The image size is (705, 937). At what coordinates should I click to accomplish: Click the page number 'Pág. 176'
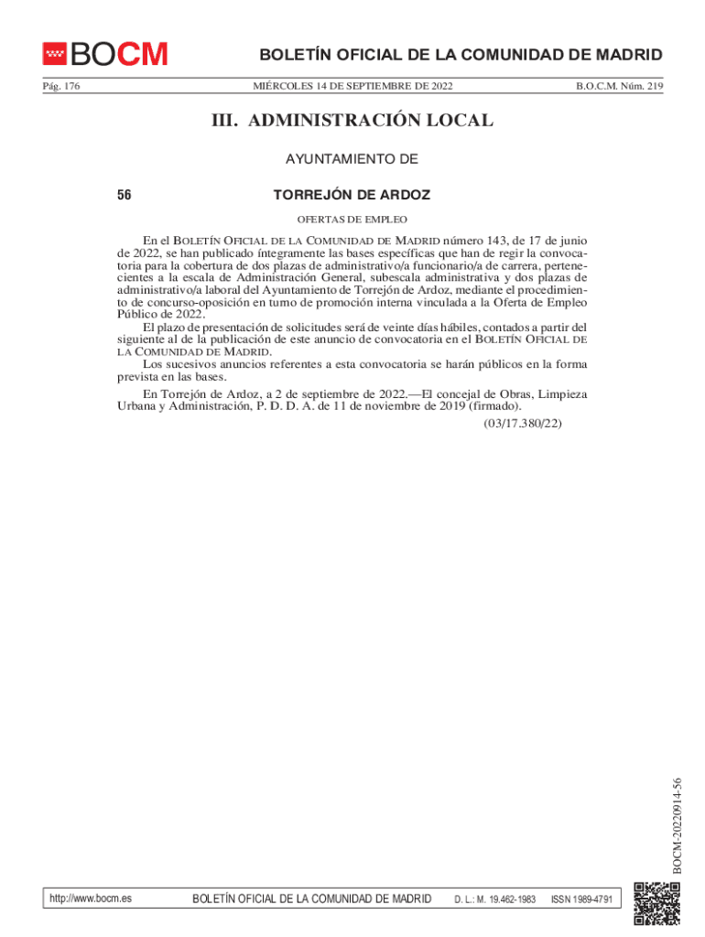click(61, 86)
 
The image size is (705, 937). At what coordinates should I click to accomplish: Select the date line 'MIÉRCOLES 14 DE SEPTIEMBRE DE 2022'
click(352, 86)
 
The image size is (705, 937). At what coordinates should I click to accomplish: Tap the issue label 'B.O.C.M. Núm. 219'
click(619, 86)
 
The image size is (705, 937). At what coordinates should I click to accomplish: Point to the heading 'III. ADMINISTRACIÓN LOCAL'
click(352, 121)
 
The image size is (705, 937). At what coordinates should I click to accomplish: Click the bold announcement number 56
click(125, 195)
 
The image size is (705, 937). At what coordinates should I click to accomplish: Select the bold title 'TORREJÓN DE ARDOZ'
click(352, 195)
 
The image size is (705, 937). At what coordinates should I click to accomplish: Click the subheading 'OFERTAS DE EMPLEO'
click(352, 220)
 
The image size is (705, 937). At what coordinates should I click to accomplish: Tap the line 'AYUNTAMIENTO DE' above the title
click(352, 159)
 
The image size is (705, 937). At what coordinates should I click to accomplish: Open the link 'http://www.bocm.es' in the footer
click(92, 899)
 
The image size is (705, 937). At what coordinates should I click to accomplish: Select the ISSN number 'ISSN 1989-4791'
click(581, 899)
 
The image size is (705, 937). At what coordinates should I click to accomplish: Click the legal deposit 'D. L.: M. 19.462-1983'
click(494, 899)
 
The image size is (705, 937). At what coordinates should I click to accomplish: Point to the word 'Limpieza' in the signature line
click(563, 394)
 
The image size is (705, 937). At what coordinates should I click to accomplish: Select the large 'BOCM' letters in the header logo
click(120, 55)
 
